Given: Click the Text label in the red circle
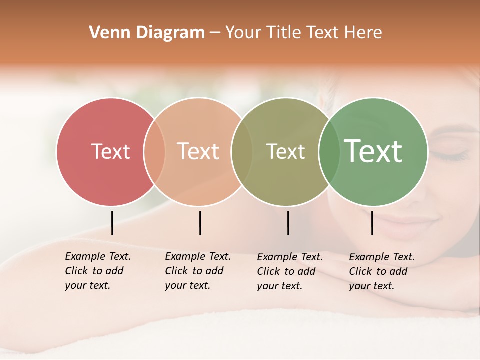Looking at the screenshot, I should (110, 151).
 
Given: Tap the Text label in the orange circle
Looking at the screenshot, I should (198, 151).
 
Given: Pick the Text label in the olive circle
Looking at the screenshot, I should (285, 151).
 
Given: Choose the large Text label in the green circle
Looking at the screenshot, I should (373, 151).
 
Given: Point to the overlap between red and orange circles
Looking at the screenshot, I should (154, 152).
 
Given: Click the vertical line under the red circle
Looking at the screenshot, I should (112, 223).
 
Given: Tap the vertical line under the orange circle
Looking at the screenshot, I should (200, 223).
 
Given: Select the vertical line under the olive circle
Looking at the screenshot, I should (288, 223).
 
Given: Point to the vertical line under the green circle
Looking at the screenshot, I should (372, 223).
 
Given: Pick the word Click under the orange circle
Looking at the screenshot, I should (176, 271).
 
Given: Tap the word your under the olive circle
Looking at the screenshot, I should (268, 286).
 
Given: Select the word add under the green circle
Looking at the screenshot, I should (398, 271).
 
